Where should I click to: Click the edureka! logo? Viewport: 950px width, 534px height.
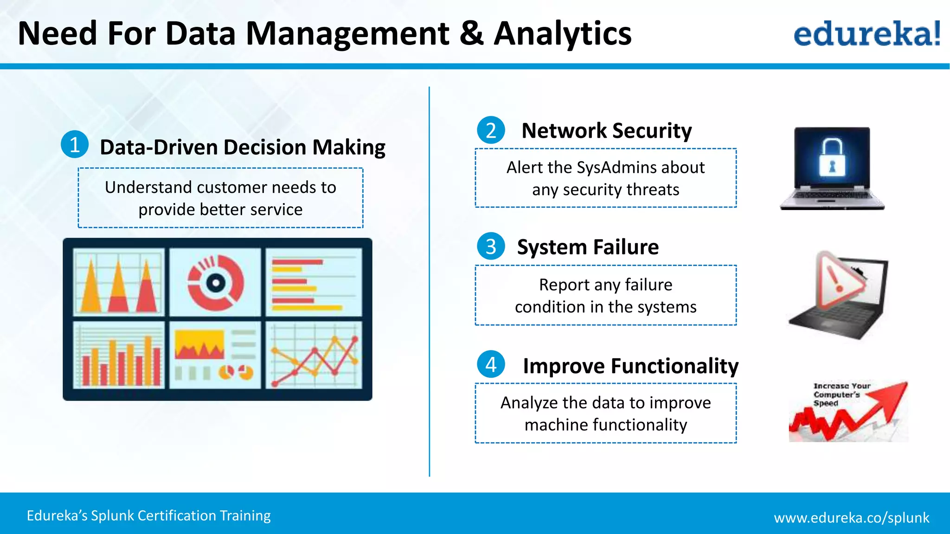point(867,33)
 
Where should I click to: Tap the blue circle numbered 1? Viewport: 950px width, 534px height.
point(75,145)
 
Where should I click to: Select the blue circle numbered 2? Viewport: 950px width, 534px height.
point(491,130)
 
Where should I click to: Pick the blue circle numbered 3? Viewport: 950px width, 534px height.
point(491,246)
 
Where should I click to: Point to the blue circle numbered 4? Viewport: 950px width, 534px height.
point(491,364)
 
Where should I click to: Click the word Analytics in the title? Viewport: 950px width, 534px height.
point(562,33)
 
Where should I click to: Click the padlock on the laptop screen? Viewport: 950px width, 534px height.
point(832,159)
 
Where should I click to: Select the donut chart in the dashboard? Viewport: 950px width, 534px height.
point(216,282)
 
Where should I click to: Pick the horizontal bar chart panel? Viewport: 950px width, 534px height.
point(315,282)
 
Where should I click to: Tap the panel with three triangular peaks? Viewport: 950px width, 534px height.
point(119,282)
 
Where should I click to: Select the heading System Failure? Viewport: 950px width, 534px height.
point(588,247)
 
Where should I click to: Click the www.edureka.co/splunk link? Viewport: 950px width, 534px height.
point(851,517)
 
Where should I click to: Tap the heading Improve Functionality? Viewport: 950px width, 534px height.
point(630,366)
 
